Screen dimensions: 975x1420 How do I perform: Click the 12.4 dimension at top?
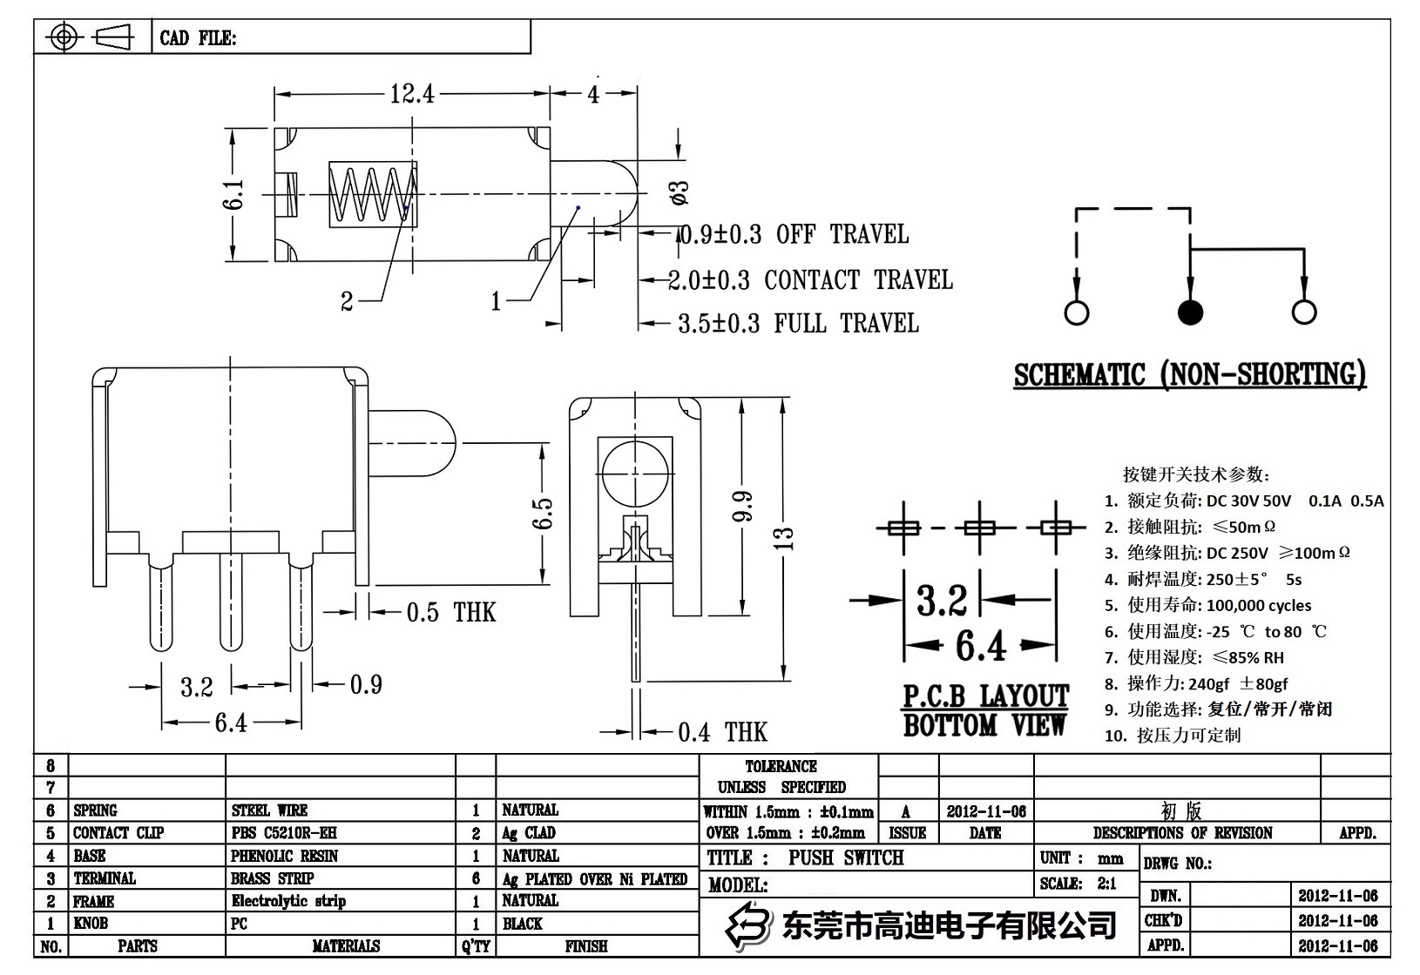411,93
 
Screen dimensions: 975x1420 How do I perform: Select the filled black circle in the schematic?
1190,313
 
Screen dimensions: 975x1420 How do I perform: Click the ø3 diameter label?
680,192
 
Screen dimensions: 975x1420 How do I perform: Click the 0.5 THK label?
450,613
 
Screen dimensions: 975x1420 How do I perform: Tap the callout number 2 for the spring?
347,302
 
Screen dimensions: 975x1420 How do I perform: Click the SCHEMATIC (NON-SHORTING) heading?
1189,375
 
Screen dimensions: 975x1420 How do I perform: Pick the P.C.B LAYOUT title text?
984,696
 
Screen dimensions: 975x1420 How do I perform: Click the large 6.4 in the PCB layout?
980,646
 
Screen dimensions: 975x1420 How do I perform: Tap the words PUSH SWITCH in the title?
846,858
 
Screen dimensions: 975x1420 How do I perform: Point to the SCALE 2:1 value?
1106,884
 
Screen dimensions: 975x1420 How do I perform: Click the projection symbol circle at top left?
64,37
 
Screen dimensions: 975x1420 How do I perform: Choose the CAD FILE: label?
198,38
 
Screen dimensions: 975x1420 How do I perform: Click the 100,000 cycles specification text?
1258,606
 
